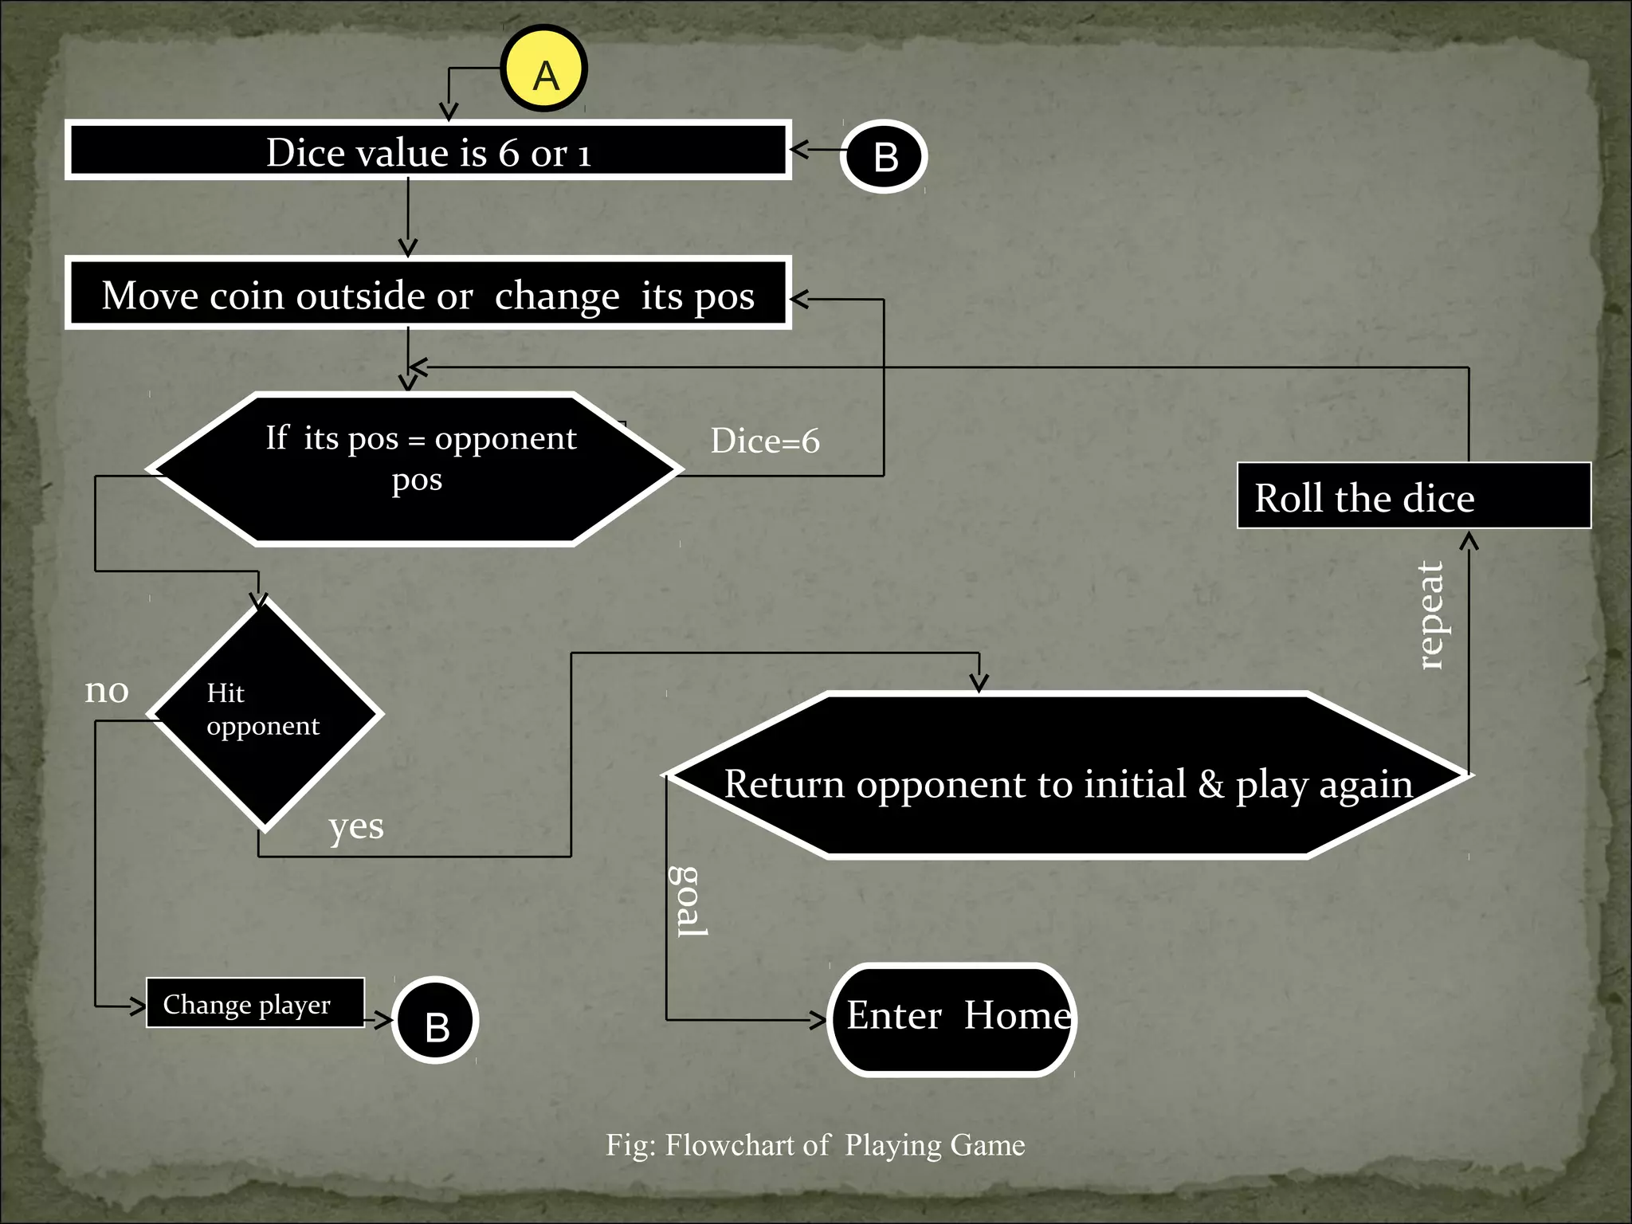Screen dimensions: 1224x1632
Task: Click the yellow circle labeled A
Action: pyautogui.click(x=544, y=69)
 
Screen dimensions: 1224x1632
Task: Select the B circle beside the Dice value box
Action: pyautogui.click(x=885, y=157)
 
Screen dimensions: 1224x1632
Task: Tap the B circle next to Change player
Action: pyautogui.click(x=436, y=1021)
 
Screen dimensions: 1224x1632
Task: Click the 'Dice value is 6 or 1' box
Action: pyautogui.click(x=428, y=151)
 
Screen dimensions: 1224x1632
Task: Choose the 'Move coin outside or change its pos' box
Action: pyautogui.click(x=428, y=294)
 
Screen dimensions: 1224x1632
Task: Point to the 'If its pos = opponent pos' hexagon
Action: pyautogui.click(x=416, y=469)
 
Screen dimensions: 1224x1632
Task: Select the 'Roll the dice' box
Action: pyautogui.click(x=1413, y=496)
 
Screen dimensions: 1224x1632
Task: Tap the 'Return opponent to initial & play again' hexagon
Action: pyautogui.click(x=1068, y=775)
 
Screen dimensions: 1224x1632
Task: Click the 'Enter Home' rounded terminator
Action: pyautogui.click(x=952, y=1019)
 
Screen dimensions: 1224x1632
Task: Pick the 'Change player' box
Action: pyautogui.click(x=255, y=1003)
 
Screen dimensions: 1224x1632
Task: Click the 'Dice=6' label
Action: pyautogui.click(x=765, y=441)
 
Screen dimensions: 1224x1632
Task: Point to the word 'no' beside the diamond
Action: pyautogui.click(x=107, y=690)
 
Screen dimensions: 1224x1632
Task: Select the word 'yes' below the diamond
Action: pyautogui.click(x=356, y=827)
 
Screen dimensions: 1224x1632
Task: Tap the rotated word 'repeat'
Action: pyautogui.click(x=1432, y=615)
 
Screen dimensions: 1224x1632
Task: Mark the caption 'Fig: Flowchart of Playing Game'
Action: pyautogui.click(x=815, y=1145)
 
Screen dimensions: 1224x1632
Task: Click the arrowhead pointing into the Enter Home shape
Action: pyautogui.click(x=819, y=1019)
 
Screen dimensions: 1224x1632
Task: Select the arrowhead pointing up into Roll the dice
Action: pyautogui.click(x=1469, y=541)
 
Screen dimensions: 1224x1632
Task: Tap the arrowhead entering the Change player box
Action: pyautogui.click(x=139, y=1006)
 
